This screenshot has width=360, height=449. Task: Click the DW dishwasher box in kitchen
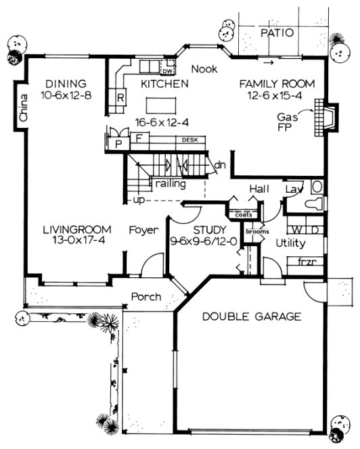(x=166, y=70)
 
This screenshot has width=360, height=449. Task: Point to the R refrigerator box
(x=120, y=97)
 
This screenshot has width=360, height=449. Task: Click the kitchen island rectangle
(x=162, y=105)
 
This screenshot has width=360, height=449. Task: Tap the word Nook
(x=204, y=69)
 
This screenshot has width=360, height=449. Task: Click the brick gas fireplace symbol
(x=320, y=122)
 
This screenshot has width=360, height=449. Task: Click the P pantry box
(x=118, y=143)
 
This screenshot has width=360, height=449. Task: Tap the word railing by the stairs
(x=170, y=183)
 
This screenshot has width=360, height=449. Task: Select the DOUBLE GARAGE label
(x=251, y=316)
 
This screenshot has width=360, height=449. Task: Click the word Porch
(x=146, y=296)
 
